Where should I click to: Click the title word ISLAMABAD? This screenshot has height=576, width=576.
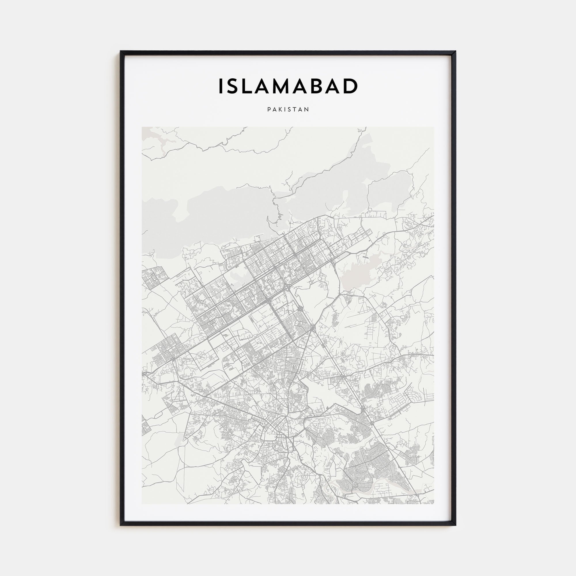pos(288,86)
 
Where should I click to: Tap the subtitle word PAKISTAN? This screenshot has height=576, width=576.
pos(288,109)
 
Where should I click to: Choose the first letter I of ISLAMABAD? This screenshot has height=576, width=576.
pos(221,86)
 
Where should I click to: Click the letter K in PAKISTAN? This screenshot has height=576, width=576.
pos(281,109)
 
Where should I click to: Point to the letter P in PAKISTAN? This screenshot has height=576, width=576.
pos(269,109)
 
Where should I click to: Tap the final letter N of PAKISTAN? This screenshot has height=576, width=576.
pos(307,109)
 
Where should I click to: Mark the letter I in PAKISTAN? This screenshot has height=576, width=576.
pos(286,109)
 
